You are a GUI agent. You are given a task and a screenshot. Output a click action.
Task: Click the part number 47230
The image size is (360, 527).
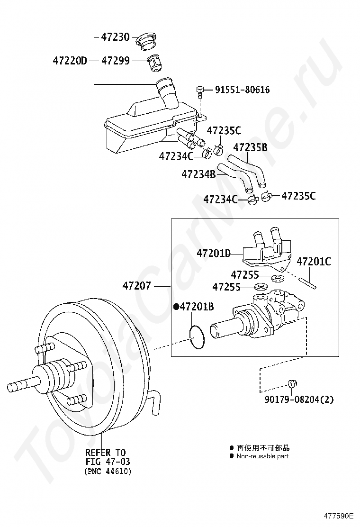coord(115,37)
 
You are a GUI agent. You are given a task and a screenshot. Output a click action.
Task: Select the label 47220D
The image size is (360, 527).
coord(70,61)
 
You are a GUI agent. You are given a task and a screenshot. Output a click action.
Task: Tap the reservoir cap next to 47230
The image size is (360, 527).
coord(146,41)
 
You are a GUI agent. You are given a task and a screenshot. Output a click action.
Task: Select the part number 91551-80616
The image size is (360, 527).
coord(242,90)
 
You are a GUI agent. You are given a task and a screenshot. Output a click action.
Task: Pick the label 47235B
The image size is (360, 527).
coord(250,147)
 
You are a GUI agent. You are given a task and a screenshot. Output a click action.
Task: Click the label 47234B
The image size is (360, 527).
coord(198,174)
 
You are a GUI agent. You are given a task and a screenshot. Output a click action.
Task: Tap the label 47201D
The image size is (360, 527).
coord(214,253)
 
